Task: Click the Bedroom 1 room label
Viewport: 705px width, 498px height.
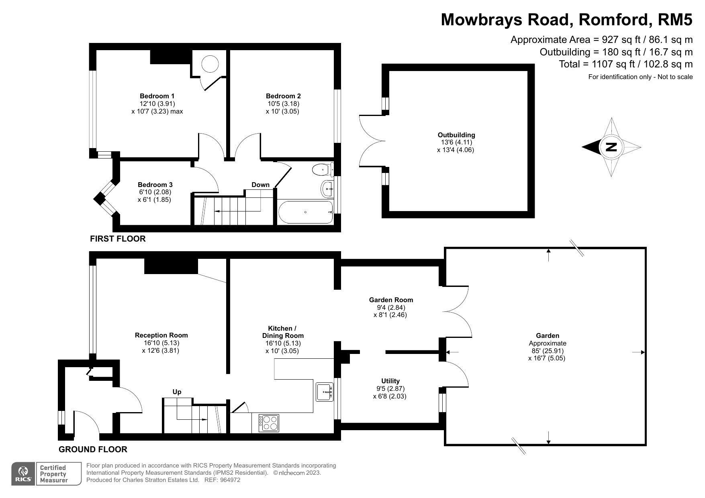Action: [x=157, y=96]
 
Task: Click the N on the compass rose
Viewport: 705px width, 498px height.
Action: [x=611, y=147]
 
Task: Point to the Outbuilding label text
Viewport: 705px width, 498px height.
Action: [x=456, y=135]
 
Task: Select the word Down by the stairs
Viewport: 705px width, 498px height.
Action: [x=260, y=185]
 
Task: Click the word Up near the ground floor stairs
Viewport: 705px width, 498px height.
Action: [x=177, y=392]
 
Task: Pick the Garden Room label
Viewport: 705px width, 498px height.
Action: [x=391, y=300]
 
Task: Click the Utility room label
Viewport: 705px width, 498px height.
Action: [x=390, y=381]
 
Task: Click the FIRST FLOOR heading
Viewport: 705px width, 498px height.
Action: [x=118, y=239]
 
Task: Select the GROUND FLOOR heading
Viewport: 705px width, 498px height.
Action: [x=93, y=449]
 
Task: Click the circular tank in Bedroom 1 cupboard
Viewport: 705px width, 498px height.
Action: [x=210, y=64]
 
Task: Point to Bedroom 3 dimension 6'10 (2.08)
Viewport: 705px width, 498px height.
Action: [x=155, y=192]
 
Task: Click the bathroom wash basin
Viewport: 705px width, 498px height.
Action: [x=327, y=188]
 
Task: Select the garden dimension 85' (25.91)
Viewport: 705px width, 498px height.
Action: [x=547, y=351]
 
